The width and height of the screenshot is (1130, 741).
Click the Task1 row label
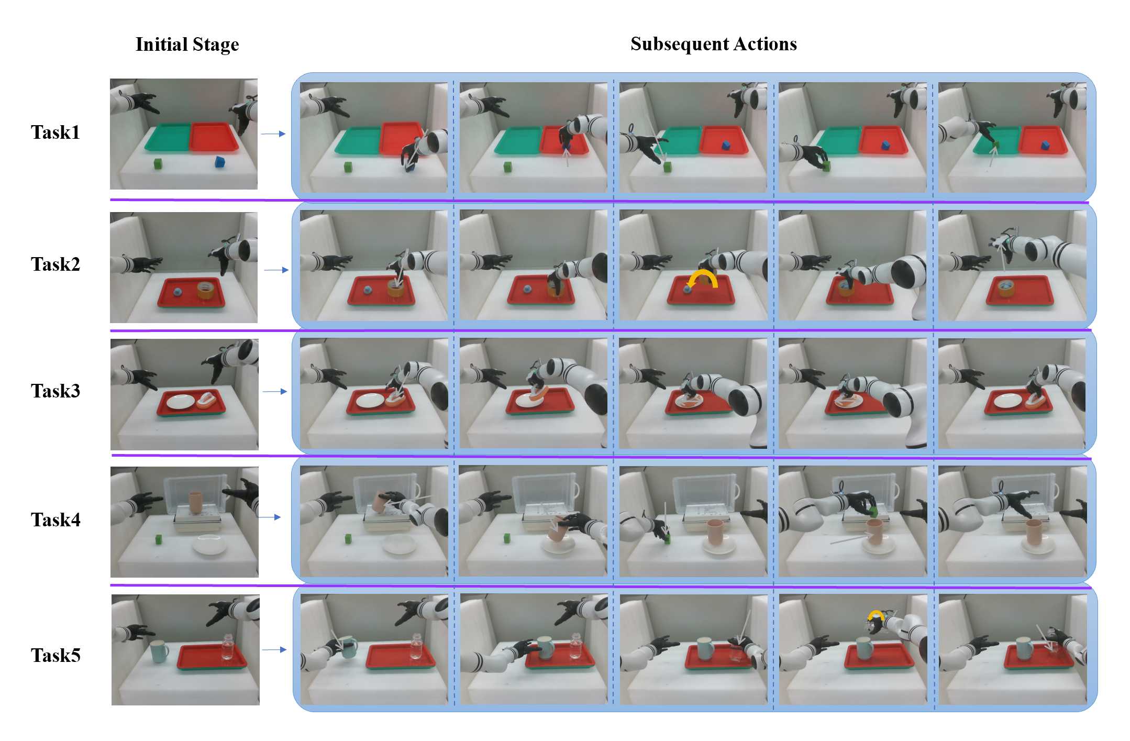click(56, 132)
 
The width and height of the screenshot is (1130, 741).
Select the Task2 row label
click(56, 264)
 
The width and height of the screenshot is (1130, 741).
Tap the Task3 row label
click(56, 391)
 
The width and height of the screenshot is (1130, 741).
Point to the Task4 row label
click(56, 519)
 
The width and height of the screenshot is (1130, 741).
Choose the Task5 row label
click(56, 655)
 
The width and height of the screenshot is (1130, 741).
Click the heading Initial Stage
click(187, 45)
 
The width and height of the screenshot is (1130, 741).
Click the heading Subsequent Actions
click(714, 44)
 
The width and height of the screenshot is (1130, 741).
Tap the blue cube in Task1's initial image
click(220, 162)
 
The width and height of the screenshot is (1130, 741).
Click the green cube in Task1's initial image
click(158, 164)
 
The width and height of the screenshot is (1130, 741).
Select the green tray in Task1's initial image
click(168, 137)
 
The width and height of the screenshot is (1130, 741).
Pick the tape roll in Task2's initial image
click(206, 290)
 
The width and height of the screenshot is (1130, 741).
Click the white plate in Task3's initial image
click(180, 402)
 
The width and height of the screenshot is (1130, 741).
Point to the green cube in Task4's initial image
click(158, 539)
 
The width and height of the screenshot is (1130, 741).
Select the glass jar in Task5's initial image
click(227, 647)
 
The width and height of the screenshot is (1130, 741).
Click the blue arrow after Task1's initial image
click(273, 134)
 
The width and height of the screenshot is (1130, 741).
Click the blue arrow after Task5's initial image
click(274, 650)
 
